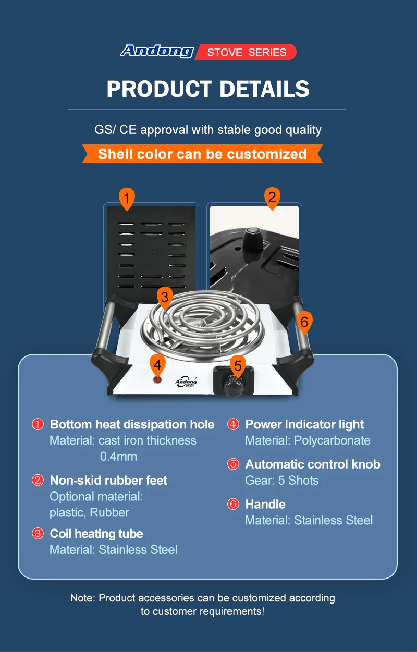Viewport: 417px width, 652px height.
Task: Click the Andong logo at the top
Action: [157, 51]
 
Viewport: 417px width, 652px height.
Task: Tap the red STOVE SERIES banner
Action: [246, 52]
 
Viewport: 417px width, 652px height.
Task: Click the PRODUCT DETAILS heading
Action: [208, 89]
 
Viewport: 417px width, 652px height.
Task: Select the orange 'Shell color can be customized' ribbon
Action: [202, 154]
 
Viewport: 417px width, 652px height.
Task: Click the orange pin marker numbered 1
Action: [127, 199]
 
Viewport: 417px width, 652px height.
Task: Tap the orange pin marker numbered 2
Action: [271, 198]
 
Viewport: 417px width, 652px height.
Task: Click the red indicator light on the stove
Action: [157, 379]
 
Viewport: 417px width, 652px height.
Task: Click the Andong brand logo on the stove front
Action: [186, 382]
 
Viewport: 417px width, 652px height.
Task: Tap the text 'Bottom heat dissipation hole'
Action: [132, 424]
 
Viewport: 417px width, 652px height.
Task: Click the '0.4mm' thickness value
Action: [118, 457]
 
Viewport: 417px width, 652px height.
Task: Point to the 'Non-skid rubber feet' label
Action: [108, 481]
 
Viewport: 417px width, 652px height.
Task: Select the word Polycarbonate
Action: [332, 440]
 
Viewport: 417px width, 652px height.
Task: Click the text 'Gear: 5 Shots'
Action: [281, 481]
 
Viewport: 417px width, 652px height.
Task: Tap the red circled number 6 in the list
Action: [233, 505]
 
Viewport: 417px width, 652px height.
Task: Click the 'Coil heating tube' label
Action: [96, 534]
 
